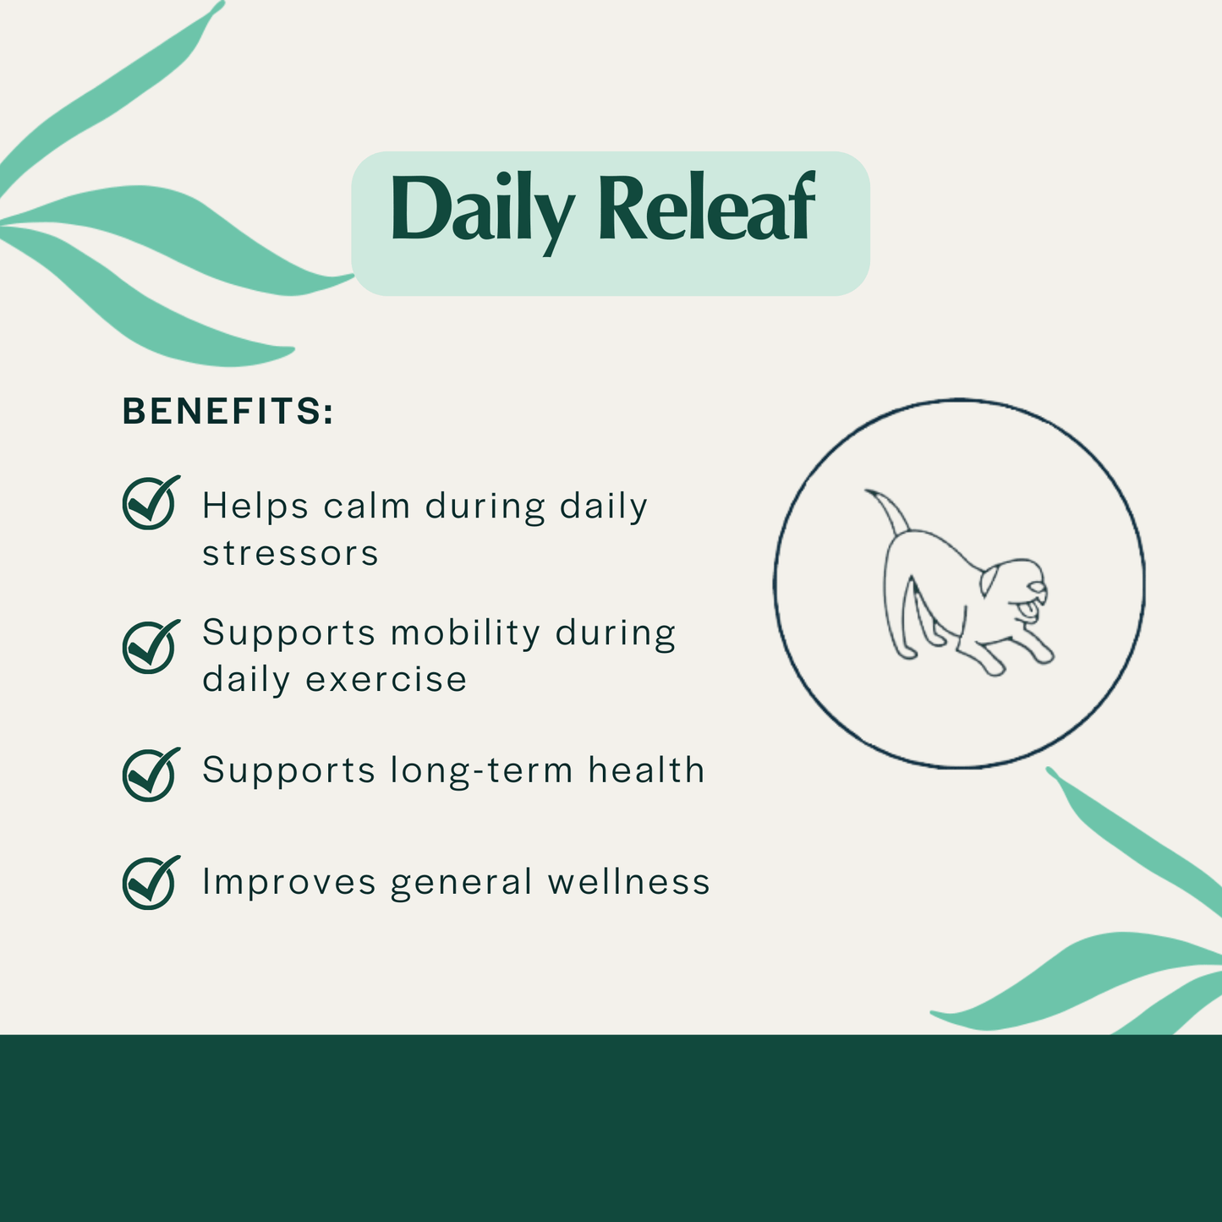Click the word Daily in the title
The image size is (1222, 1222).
[480, 210]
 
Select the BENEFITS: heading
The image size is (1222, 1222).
[228, 412]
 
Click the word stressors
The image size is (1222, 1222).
[290, 554]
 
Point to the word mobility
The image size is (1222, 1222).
[465, 633]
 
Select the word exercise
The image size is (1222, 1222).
[386, 680]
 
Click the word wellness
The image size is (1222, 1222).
[628, 882]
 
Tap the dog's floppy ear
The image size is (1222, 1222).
[990, 582]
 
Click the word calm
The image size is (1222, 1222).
[366, 507]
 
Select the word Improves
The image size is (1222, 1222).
[288, 883]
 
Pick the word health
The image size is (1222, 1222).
[646, 770]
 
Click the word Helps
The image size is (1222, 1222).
[255, 507]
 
